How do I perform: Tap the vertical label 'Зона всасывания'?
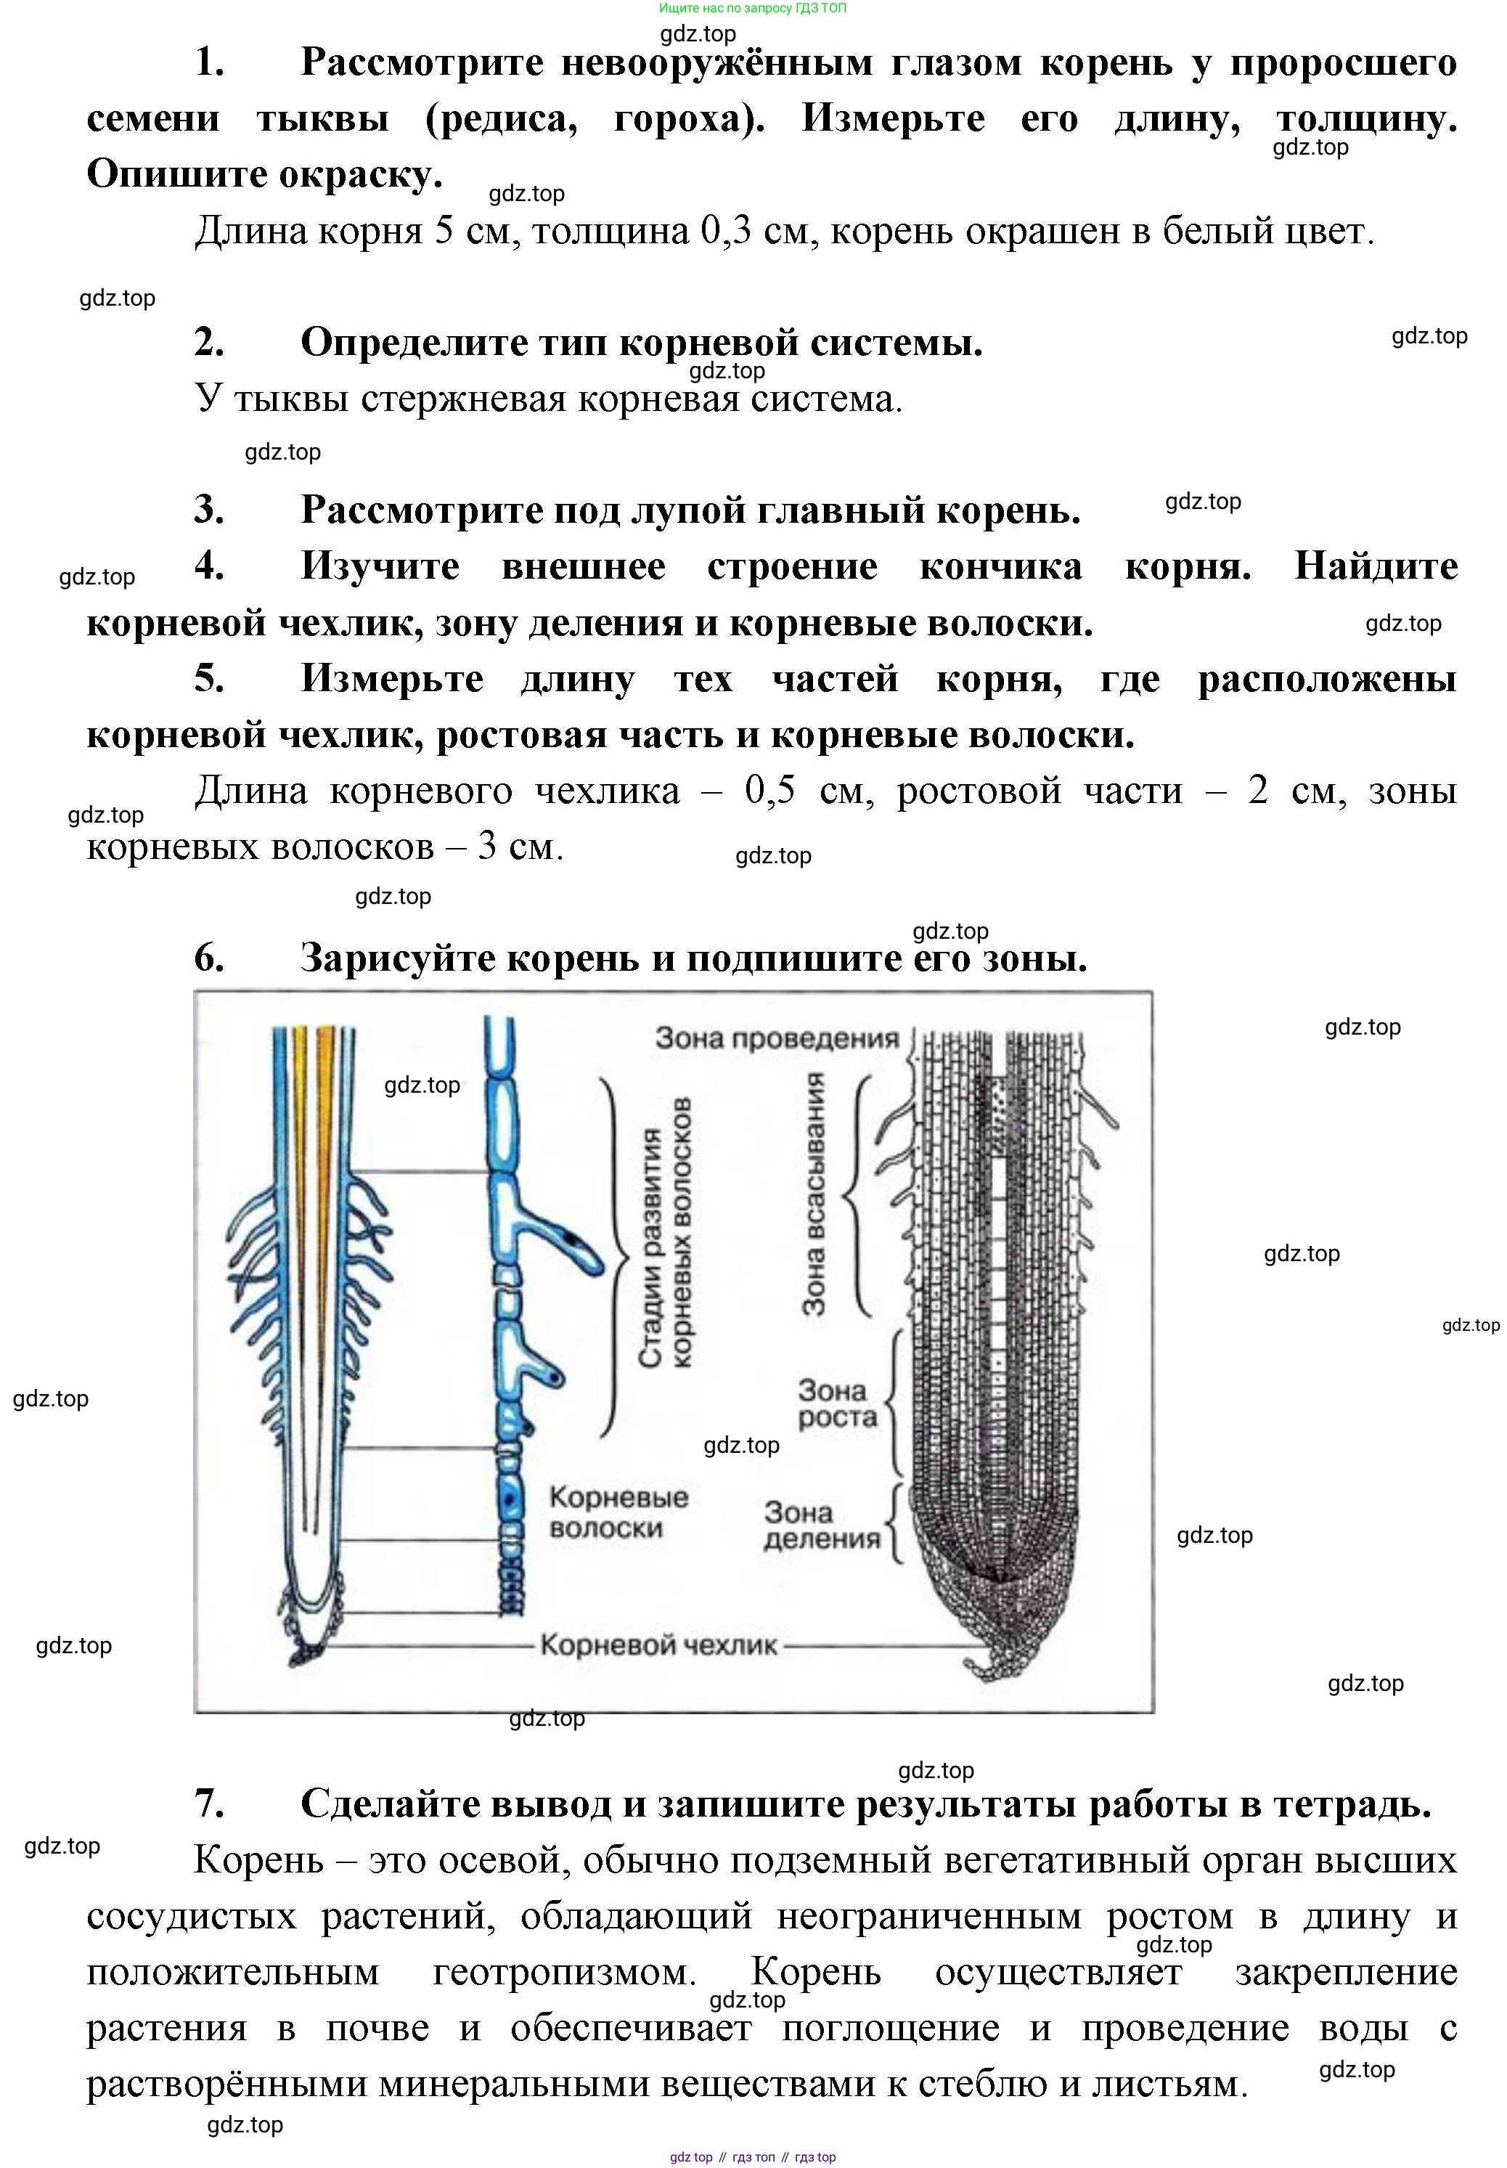[813, 1194]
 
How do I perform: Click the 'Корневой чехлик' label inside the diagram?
[658, 1645]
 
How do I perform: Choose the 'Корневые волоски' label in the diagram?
[618, 1512]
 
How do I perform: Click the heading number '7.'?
[210, 1804]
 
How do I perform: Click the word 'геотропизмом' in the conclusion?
[565, 1971]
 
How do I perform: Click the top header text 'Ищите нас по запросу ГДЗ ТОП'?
[753, 7]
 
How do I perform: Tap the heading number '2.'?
[210, 342]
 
